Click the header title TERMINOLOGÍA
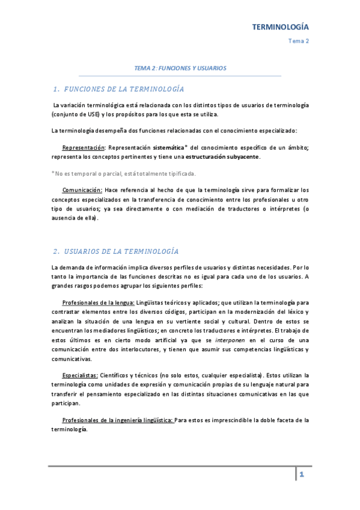click(279, 27)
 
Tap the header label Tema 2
click(299, 41)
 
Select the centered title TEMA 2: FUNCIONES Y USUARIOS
click(180, 69)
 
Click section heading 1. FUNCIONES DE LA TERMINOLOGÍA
click(118, 89)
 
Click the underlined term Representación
click(84, 147)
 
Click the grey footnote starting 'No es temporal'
click(124, 174)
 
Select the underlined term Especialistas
click(79, 375)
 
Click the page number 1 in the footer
click(302, 475)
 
